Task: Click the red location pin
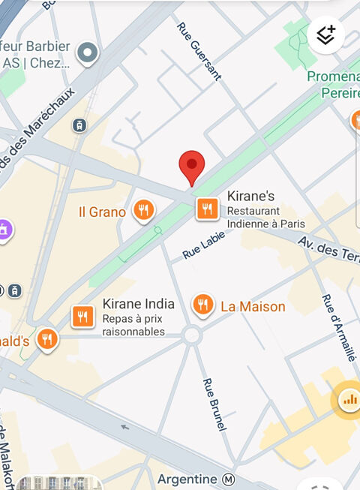191,166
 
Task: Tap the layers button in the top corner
325,35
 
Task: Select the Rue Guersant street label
199,50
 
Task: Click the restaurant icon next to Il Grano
143,210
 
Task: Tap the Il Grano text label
102,212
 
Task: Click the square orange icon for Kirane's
208,209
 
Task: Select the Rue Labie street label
203,245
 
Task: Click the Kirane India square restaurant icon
83,317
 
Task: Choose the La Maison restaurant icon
202,304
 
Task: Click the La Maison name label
253,306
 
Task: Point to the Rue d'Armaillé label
337,327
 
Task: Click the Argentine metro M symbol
229,479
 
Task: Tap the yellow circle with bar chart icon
349,398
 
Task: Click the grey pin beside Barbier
88,53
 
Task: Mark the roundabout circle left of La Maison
192,335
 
